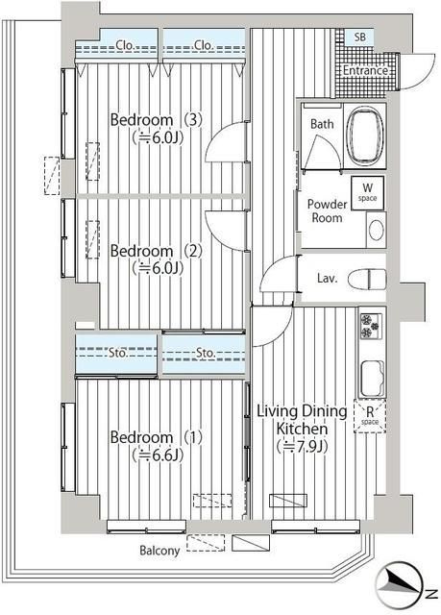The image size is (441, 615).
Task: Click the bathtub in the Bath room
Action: point(365,135)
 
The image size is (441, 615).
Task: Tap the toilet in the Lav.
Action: point(367,279)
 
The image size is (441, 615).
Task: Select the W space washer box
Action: point(367,193)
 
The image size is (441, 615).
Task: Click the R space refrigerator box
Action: point(370,416)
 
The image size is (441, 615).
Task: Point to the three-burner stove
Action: point(371,326)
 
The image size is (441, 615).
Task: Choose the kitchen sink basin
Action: point(373,379)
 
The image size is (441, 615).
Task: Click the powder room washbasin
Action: point(376,230)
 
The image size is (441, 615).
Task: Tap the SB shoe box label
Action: point(360,37)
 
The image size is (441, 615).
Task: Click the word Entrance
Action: point(365,70)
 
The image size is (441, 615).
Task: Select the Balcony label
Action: point(159,551)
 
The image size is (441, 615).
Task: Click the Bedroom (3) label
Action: point(156,119)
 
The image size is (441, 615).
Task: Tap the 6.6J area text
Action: point(158,455)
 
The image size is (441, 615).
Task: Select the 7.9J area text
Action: point(302,446)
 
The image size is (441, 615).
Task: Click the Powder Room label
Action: point(327,211)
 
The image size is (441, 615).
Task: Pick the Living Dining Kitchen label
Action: point(302,420)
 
